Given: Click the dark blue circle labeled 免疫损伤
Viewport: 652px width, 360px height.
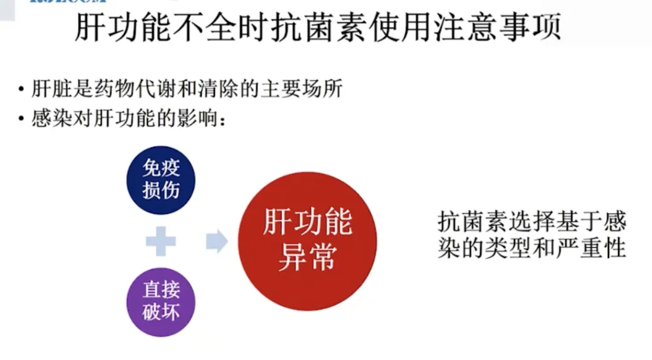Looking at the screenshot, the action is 161,179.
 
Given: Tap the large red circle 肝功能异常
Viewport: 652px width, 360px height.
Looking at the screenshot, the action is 307,241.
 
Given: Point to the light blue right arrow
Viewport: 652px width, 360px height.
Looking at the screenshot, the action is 216,242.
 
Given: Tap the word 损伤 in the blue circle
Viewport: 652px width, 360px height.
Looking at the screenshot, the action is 161,190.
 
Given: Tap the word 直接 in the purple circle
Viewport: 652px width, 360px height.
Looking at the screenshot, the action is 161,291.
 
